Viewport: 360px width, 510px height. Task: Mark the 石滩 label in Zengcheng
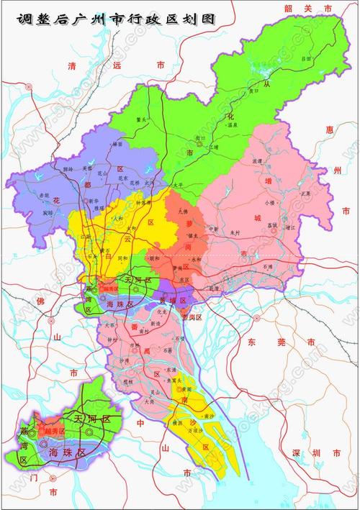click(269, 265)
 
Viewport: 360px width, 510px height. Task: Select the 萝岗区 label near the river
click(192, 316)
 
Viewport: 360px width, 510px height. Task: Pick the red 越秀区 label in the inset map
click(51, 430)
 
